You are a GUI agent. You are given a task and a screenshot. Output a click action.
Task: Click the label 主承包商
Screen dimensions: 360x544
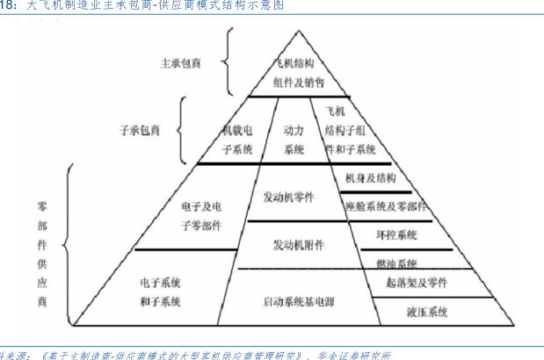pyautogui.click(x=181, y=64)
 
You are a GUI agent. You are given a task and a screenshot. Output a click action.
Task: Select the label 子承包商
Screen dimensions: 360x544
pyautogui.click(x=140, y=130)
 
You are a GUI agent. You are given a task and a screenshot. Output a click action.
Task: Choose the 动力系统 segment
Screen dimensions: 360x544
pyautogui.click(x=294, y=140)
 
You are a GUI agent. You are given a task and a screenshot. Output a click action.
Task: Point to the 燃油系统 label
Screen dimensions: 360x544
pyautogui.click(x=395, y=263)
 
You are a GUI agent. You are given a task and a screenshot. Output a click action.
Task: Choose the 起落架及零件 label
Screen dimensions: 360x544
pyautogui.click(x=417, y=283)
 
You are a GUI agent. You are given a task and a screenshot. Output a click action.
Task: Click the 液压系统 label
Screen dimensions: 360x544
pyautogui.click(x=427, y=312)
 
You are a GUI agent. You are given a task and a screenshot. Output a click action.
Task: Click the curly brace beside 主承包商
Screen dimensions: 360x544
pyautogui.click(x=227, y=63)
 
